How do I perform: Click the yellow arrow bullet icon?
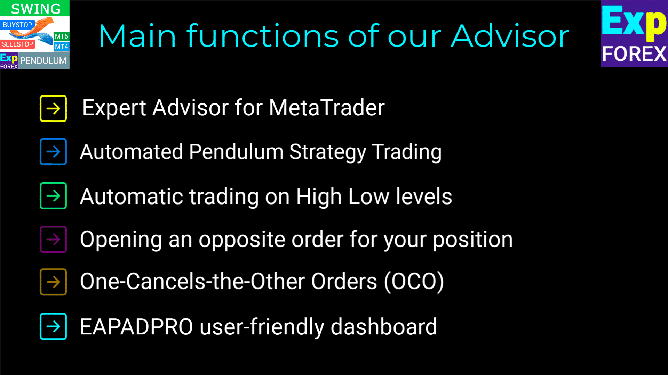[x=53, y=109]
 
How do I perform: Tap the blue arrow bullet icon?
[x=53, y=152]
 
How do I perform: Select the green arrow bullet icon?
[x=53, y=196]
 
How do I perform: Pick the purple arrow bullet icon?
[x=53, y=239]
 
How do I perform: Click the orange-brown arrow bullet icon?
[x=53, y=282]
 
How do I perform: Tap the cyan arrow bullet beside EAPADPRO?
[x=53, y=326]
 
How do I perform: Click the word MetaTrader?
[x=327, y=107]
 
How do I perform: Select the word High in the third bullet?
[x=319, y=197]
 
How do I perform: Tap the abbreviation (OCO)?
[x=414, y=281]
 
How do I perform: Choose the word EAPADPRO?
[x=136, y=327]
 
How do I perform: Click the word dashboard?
[x=384, y=326]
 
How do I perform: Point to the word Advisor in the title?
[x=510, y=36]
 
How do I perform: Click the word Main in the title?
[x=137, y=36]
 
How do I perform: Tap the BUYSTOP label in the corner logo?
[x=17, y=25]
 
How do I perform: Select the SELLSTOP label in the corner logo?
[x=17, y=44]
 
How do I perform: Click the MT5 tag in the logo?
[x=62, y=36]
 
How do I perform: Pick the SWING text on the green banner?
[x=36, y=9]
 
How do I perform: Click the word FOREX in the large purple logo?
[x=634, y=54]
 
